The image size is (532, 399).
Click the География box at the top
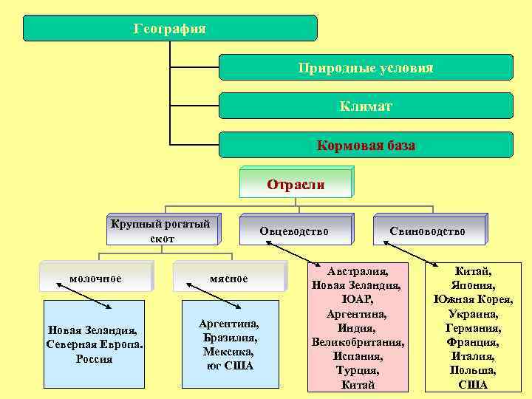coord(170,28)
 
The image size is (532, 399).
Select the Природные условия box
coord(366,67)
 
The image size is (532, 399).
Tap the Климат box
coord(366,106)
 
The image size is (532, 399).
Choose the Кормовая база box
coord(366,146)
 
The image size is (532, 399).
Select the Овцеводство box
coord(294,231)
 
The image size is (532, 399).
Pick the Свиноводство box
coord(428,231)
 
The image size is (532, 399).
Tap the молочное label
coord(95,278)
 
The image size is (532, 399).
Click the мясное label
coord(228,279)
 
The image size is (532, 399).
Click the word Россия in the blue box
coord(95,359)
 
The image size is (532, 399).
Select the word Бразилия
coord(229,338)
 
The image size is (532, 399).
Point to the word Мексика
coord(229,352)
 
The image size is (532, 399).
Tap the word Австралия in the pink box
coord(358,271)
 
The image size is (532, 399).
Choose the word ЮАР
coord(358,299)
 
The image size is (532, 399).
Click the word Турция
coord(358,370)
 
